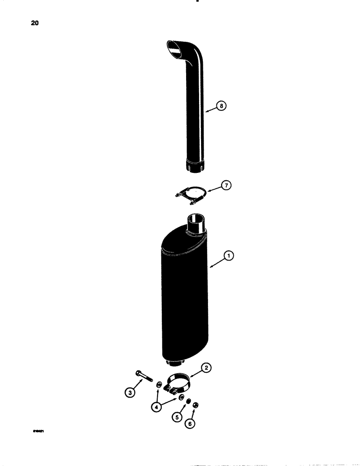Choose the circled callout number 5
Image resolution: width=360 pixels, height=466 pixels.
(x=176, y=417)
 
